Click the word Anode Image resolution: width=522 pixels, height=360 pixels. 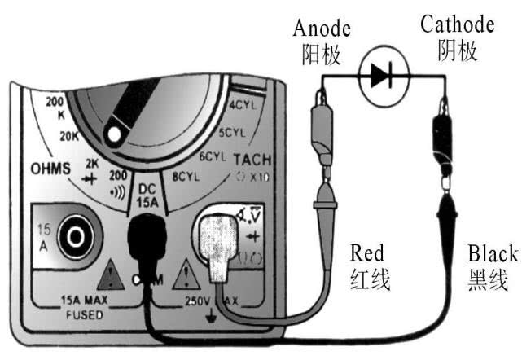click(x=322, y=29)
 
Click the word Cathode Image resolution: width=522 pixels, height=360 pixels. click(x=457, y=24)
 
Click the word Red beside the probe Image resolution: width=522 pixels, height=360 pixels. click(x=367, y=251)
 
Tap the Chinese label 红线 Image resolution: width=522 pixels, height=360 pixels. click(x=367, y=280)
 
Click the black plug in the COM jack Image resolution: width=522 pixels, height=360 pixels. click(x=149, y=244)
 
